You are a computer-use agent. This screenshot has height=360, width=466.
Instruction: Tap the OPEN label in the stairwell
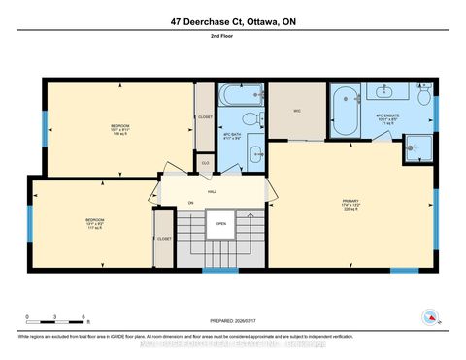click(x=221, y=222)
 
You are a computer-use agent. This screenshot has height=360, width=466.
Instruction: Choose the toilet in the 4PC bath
click(x=250, y=120)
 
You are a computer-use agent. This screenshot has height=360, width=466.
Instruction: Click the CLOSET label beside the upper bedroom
click(x=205, y=117)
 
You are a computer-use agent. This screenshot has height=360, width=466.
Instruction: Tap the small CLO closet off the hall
click(x=204, y=163)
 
